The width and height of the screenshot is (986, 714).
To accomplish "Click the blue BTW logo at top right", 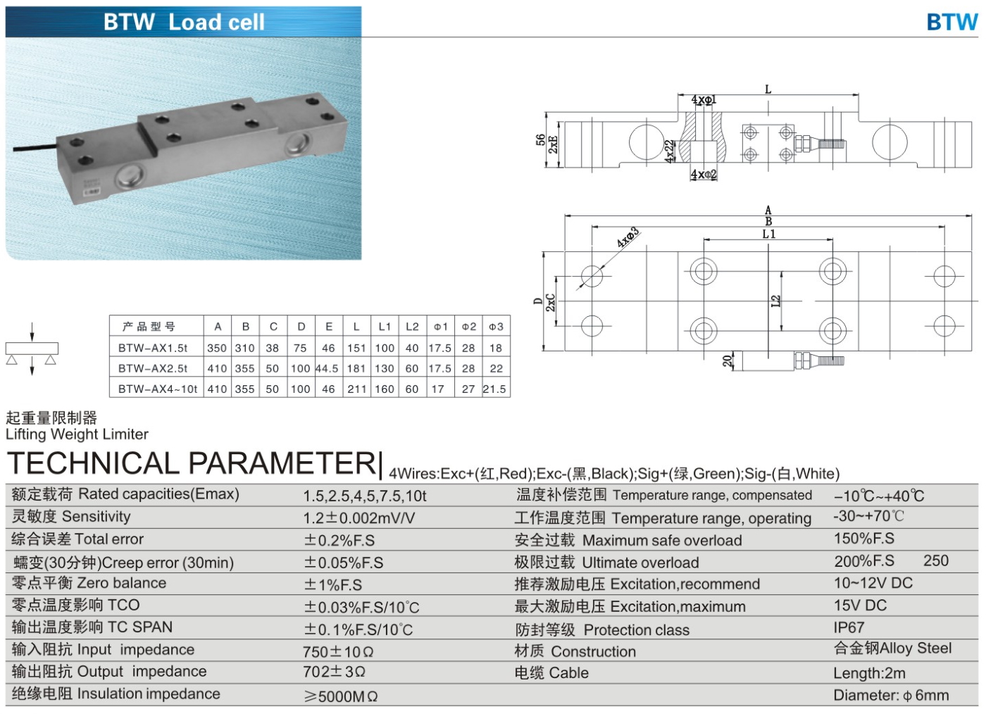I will tap(951, 22).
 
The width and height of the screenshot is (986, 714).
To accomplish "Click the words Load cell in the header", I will tap(216, 23).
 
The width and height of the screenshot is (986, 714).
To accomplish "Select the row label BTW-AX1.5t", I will tap(153, 348).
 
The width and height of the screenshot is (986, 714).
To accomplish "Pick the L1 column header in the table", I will tap(385, 327).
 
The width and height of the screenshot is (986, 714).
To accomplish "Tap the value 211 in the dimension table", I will tap(356, 389).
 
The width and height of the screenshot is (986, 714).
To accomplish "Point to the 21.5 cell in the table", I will tap(494, 389).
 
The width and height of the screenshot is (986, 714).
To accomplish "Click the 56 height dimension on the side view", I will tap(540, 141).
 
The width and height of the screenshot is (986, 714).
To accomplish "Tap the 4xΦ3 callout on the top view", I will tap(628, 237).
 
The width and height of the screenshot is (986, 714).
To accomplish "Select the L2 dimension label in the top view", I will tap(775, 301).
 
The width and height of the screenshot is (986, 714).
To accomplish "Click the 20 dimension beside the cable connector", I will tap(728, 361).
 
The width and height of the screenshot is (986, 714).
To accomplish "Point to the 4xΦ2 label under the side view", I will tap(703, 175).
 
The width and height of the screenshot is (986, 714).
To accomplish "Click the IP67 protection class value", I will tap(849, 627).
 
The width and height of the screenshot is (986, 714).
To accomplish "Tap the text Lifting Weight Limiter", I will tap(77, 434).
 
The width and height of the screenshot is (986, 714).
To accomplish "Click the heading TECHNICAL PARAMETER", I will tap(192, 464).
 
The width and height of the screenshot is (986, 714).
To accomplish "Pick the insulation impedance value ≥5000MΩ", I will tap(341, 696).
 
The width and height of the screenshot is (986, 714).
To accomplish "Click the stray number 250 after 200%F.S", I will tap(936, 561).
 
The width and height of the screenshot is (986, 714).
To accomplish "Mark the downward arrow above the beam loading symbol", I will tap(32, 332).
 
